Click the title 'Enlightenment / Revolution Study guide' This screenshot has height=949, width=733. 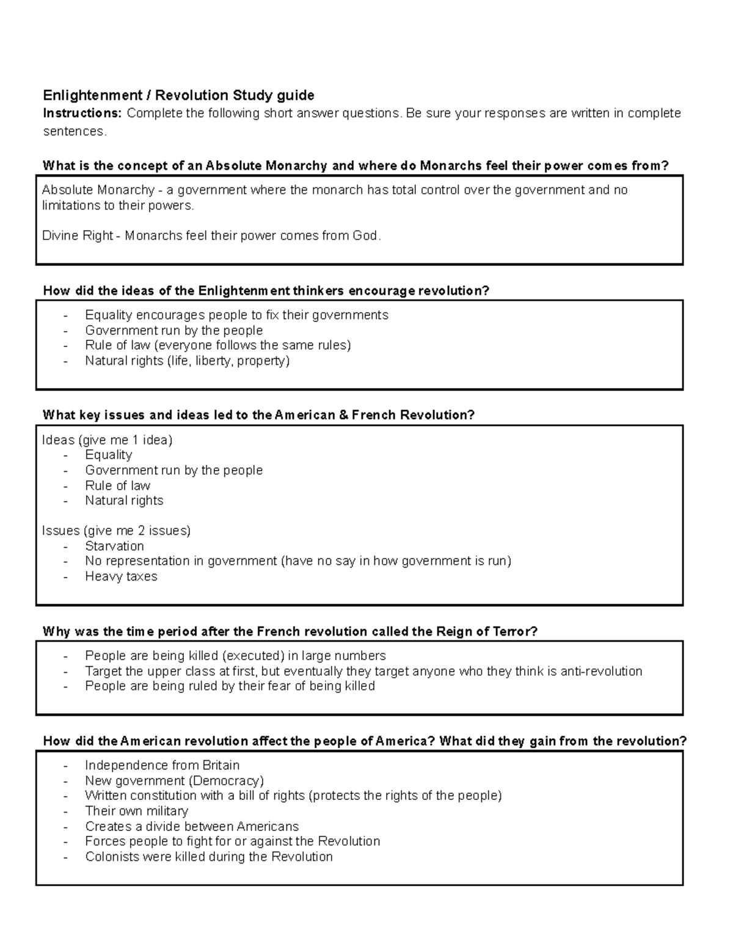click(178, 95)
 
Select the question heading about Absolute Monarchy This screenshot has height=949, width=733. click(356, 166)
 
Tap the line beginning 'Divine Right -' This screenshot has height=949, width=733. click(211, 236)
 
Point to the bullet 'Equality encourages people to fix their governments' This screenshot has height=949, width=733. click(236, 315)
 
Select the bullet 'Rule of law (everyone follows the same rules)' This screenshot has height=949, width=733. click(218, 345)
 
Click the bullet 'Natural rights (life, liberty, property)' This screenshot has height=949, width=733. click(187, 361)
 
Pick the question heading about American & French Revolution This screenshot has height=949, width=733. click(258, 416)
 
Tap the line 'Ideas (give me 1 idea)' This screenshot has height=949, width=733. click(107, 440)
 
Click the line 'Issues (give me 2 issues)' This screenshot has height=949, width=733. click(116, 530)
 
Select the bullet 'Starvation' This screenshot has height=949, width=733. click(114, 546)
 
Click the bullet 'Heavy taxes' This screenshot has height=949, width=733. click(121, 576)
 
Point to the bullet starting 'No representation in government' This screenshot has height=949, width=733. click(297, 561)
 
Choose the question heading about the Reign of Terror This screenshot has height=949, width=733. click(290, 632)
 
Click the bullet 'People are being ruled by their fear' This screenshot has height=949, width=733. click(230, 686)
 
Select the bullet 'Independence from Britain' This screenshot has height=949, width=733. click(162, 765)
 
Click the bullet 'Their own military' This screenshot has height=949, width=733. click(136, 811)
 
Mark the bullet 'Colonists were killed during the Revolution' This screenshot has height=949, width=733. click(209, 857)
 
